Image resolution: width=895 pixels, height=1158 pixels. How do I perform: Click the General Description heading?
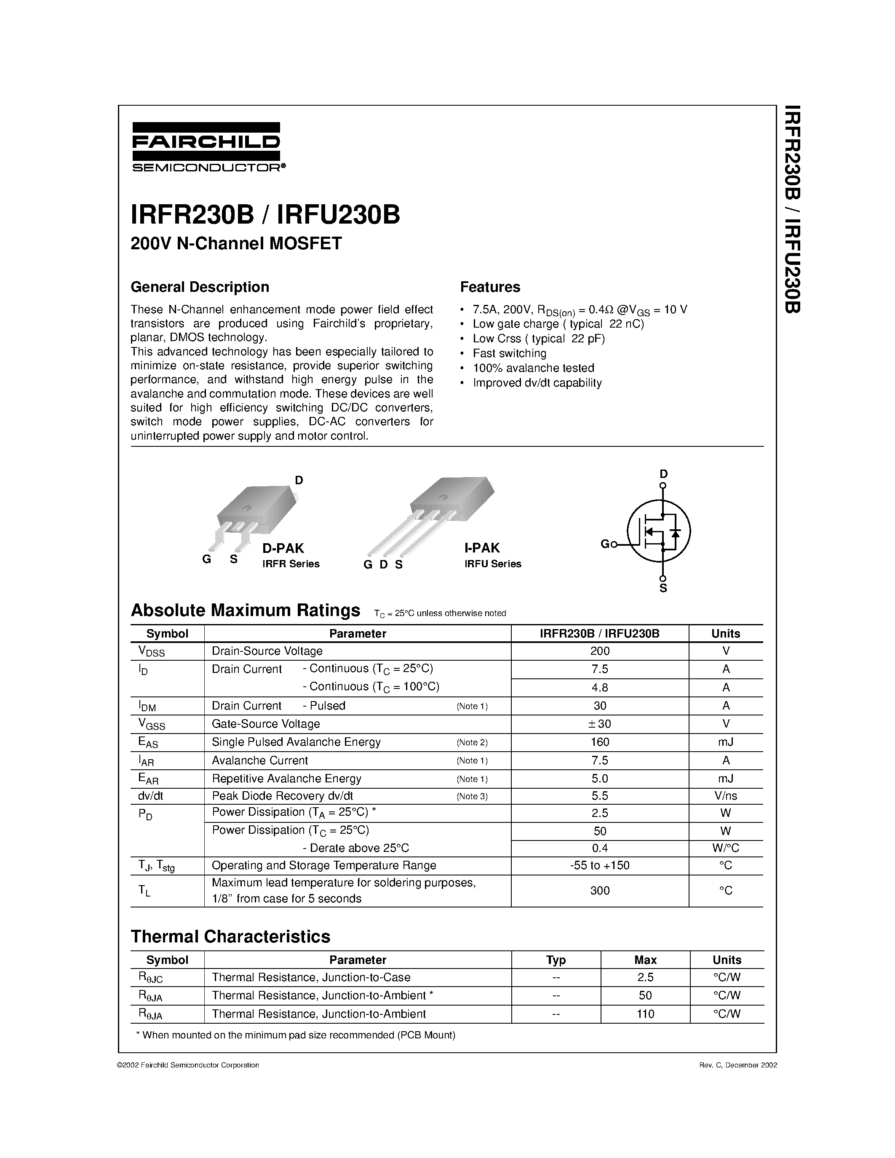pyautogui.click(x=200, y=287)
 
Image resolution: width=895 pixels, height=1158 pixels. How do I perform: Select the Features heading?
pyautogui.click(x=489, y=287)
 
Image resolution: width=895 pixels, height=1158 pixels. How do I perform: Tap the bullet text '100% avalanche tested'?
pyautogui.click(x=533, y=368)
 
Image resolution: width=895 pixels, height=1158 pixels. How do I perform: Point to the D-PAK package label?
pyautogui.click(x=283, y=548)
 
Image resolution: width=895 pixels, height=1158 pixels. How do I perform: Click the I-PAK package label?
pyautogui.click(x=482, y=548)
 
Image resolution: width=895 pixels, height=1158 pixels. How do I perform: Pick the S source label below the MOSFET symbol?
pyautogui.click(x=663, y=589)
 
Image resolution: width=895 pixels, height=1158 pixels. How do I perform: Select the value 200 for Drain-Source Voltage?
pyautogui.click(x=600, y=651)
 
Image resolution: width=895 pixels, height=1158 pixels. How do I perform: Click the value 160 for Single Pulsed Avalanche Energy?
pyautogui.click(x=600, y=742)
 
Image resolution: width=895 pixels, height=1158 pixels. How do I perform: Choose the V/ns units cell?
pyautogui.click(x=725, y=796)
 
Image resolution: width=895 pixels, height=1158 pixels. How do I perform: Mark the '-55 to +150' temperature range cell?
pyautogui.click(x=600, y=865)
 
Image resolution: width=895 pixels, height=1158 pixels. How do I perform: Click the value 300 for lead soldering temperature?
pyautogui.click(x=600, y=891)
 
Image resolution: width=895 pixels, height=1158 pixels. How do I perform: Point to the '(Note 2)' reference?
pyautogui.click(x=471, y=742)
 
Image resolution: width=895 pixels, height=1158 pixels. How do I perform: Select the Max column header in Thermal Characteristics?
pyautogui.click(x=645, y=960)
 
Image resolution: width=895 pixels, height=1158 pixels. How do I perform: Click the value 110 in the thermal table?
pyautogui.click(x=645, y=1014)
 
